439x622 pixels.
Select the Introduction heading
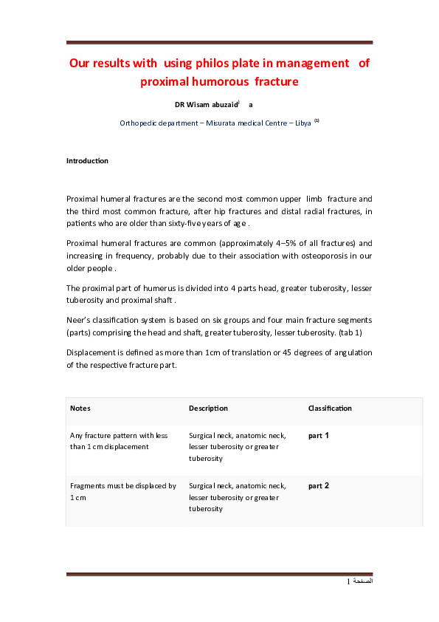tap(87, 160)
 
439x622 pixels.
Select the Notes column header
tap(80, 408)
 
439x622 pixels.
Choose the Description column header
tap(208, 408)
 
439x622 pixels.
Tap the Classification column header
tap(330, 408)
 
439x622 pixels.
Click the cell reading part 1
tap(319, 436)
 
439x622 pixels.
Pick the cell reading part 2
tap(319, 486)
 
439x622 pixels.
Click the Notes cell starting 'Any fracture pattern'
tap(119, 441)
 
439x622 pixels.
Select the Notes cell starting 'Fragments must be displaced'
tap(122, 491)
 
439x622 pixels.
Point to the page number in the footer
tap(348, 583)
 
